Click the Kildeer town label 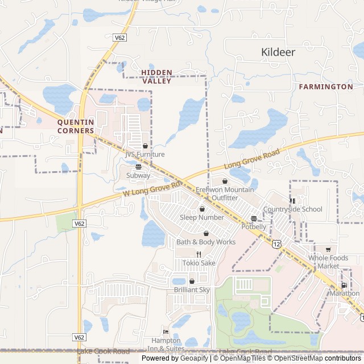(278, 52)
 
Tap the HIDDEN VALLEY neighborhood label (156, 77)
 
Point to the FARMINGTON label (325, 86)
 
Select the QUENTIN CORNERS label (76, 126)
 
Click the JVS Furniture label (145, 154)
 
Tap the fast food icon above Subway (138, 167)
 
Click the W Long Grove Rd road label (151, 189)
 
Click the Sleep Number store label (202, 217)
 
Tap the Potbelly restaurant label (254, 227)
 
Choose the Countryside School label (292, 209)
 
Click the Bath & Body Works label (206, 242)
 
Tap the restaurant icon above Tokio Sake (199, 254)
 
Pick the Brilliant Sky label (192, 289)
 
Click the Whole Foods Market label (328, 262)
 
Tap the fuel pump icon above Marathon (344, 286)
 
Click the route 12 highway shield (276, 243)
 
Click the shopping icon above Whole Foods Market (328, 250)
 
